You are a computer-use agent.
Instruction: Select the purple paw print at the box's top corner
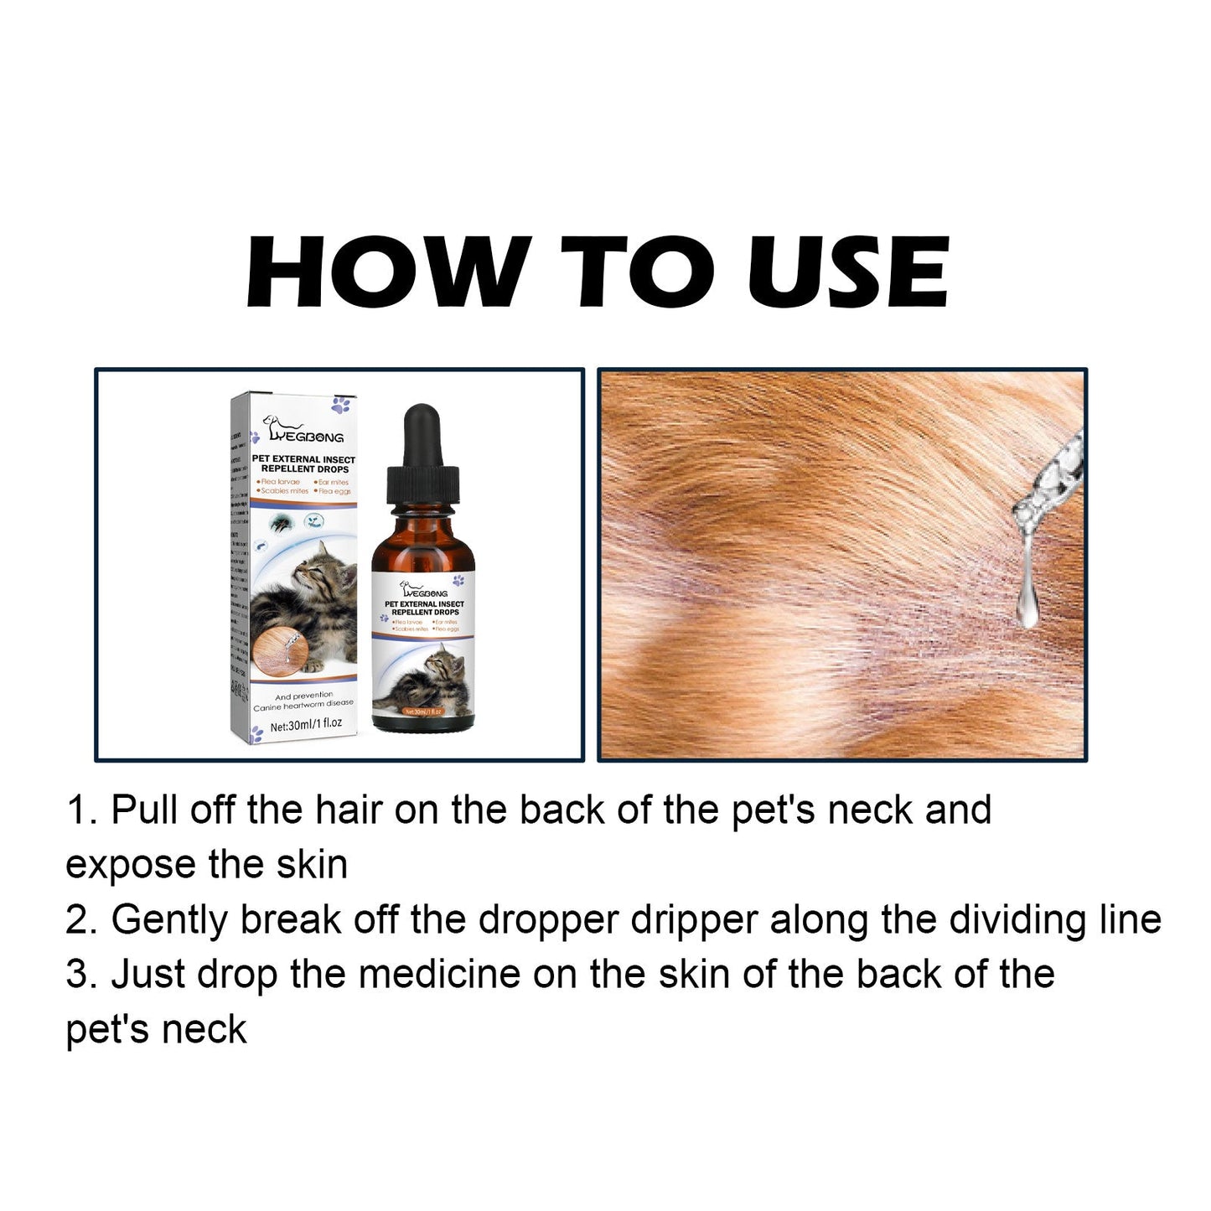pos(341,406)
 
